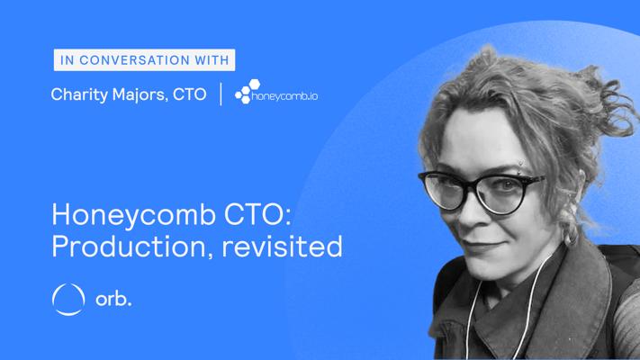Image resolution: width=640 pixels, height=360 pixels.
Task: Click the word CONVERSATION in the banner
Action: pos(135,60)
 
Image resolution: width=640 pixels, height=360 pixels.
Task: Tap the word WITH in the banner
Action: pos(212,60)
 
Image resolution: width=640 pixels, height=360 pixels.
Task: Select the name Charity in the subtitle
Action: pos(79,94)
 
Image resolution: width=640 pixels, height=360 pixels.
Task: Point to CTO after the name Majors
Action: pos(189,94)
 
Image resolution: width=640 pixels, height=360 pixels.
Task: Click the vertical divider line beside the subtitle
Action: pos(221,94)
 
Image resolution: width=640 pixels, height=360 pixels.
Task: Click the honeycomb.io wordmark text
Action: pos(285,96)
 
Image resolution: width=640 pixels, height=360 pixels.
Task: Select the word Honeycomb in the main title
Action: pos(133,215)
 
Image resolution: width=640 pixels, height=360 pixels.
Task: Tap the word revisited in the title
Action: pos(282,246)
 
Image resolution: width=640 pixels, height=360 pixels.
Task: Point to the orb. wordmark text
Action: pos(113,300)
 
